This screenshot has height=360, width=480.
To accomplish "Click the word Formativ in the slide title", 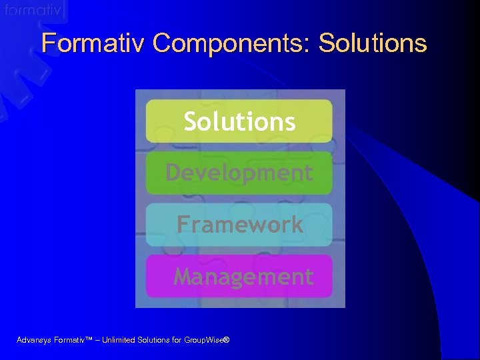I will click(x=93, y=43).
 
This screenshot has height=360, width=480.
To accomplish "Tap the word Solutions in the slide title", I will click(x=373, y=43).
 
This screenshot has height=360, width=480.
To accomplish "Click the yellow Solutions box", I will click(x=239, y=121).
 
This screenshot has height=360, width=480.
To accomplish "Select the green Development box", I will click(x=239, y=173).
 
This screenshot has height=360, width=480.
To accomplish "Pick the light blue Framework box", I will click(x=239, y=225).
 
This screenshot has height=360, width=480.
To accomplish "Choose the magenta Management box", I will click(x=239, y=276).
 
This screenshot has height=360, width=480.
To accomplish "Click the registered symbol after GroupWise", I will click(x=226, y=339).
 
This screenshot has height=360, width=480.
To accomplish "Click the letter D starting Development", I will click(x=173, y=173).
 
